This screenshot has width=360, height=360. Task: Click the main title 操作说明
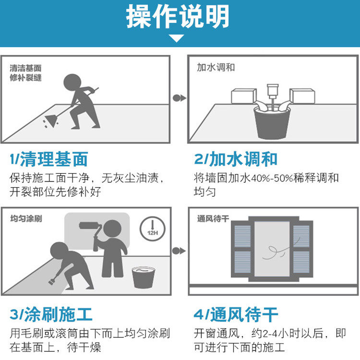tap(178, 16)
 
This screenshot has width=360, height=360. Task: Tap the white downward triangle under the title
tap(176, 38)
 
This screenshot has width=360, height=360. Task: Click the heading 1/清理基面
tap(48, 159)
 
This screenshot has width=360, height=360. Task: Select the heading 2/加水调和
tap(236, 159)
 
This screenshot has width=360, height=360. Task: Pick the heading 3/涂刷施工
tap(51, 314)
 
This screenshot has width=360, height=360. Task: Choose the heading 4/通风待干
tap(236, 314)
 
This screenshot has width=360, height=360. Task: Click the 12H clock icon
tap(153, 228)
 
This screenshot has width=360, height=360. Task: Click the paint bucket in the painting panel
tap(143, 277)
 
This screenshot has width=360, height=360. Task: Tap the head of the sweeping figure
tap(72, 83)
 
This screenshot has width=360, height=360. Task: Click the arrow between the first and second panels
tap(180, 98)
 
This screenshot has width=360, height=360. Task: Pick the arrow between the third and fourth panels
tap(179, 251)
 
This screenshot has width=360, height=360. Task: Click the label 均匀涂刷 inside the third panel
tap(26, 218)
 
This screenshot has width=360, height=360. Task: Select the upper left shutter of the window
tap(242, 236)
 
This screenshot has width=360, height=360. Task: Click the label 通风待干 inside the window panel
tap(213, 218)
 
